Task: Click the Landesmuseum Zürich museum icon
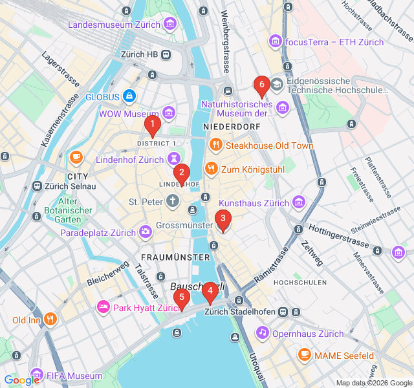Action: (169, 25)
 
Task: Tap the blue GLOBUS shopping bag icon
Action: (130, 96)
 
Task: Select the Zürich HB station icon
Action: (166, 55)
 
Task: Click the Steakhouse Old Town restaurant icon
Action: (215, 145)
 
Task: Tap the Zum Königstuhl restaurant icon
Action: (210, 169)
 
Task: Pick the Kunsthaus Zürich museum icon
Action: (298, 203)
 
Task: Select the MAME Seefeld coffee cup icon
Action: (304, 355)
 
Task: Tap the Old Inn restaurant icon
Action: (51, 319)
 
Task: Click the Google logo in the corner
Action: (21, 380)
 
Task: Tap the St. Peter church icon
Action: (172, 202)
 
